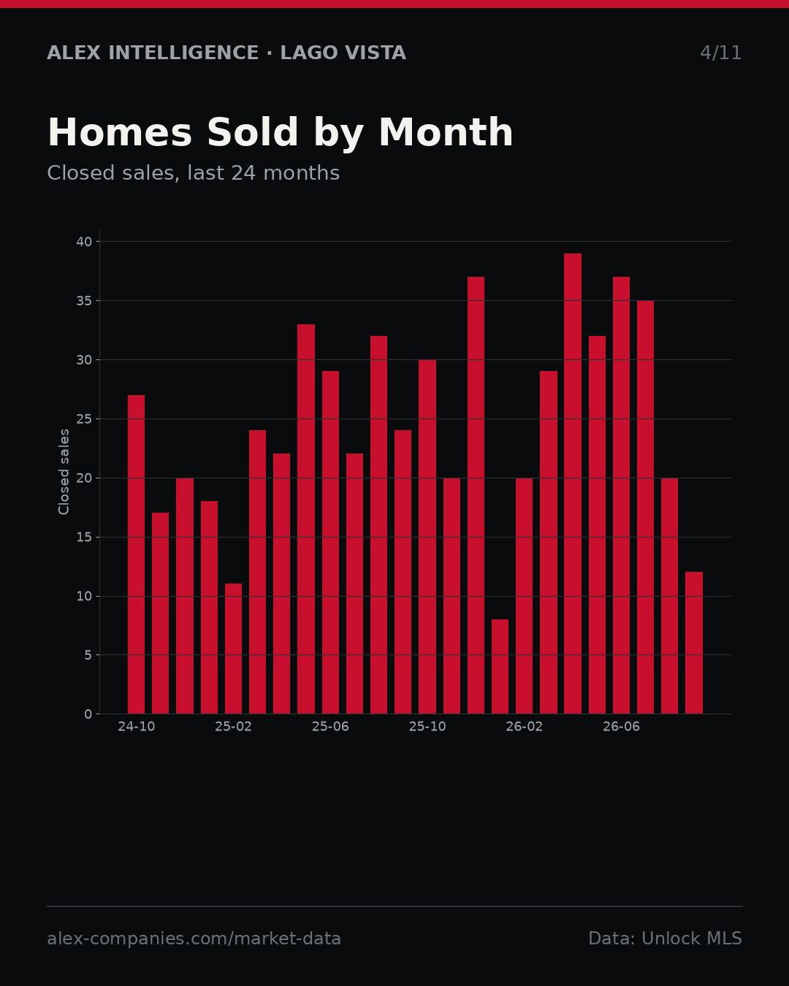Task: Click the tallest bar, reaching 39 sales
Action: [573, 484]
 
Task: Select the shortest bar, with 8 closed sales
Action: [500, 667]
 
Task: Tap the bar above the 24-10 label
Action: [136, 554]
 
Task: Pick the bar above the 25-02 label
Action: [233, 649]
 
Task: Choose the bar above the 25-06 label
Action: [330, 543]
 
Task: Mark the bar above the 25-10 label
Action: [427, 537]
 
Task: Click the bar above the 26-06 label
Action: [621, 495]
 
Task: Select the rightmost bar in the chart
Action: [694, 643]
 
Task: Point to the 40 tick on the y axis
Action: [84, 242]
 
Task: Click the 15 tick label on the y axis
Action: [84, 537]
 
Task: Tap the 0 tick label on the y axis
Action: [88, 714]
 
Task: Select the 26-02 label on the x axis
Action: [524, 727]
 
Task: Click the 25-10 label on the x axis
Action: [427, 727]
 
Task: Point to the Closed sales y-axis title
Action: [64, 472]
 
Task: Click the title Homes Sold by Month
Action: [280, 133]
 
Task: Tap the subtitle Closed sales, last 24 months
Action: [194, 173]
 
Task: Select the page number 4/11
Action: [720, 53]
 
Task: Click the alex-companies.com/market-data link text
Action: [194, 939]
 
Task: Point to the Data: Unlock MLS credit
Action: [666, 939]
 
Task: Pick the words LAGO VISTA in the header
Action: [343, 53]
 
